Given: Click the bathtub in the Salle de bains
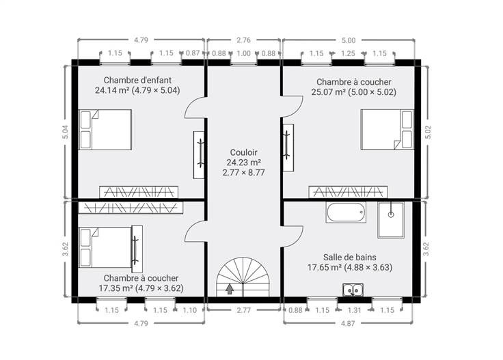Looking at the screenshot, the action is click(x=346, y=212).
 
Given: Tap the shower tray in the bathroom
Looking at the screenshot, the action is click(x=391, y=220).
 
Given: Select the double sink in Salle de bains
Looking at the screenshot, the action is click(x=353, y=290).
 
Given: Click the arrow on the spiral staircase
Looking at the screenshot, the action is click(x=230, y=289).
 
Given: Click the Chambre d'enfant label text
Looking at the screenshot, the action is click(x=137, y=80).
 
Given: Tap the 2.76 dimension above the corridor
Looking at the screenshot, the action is click(x=243, y=40).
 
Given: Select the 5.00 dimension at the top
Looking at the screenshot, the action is click(x=349, y=40).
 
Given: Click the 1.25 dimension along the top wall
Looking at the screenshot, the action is click(x=348, y=53).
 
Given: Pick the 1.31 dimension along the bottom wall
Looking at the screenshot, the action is click(x=355, y=310).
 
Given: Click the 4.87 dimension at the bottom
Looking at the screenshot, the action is click(x=348, y=324).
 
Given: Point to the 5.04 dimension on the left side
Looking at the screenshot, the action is click(x=65, y=132).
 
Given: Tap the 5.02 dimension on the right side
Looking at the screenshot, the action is click(x=428, y=132).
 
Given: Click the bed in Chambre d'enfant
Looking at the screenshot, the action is click(x=105, y=130).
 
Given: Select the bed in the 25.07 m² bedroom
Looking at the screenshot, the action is click(x=387, y=130).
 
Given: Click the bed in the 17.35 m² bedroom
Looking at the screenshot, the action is click(x=105, y=247).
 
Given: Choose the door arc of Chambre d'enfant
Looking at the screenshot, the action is click(x=194, y=108).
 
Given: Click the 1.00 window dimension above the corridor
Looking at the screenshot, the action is click(x=243, y=53).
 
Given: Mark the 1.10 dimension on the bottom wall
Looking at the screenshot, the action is click(x=189, y=310).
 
